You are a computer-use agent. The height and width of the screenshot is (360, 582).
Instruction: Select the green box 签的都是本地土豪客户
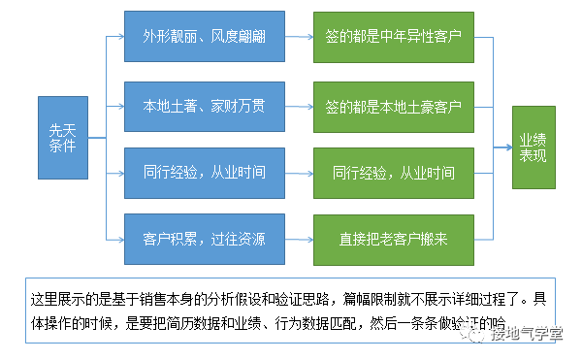393,106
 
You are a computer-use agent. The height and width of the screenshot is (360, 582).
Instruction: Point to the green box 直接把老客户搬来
393,238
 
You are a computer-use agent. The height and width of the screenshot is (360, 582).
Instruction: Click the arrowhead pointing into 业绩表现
508,148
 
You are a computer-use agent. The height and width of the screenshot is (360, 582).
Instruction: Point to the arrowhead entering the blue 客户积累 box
120,238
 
